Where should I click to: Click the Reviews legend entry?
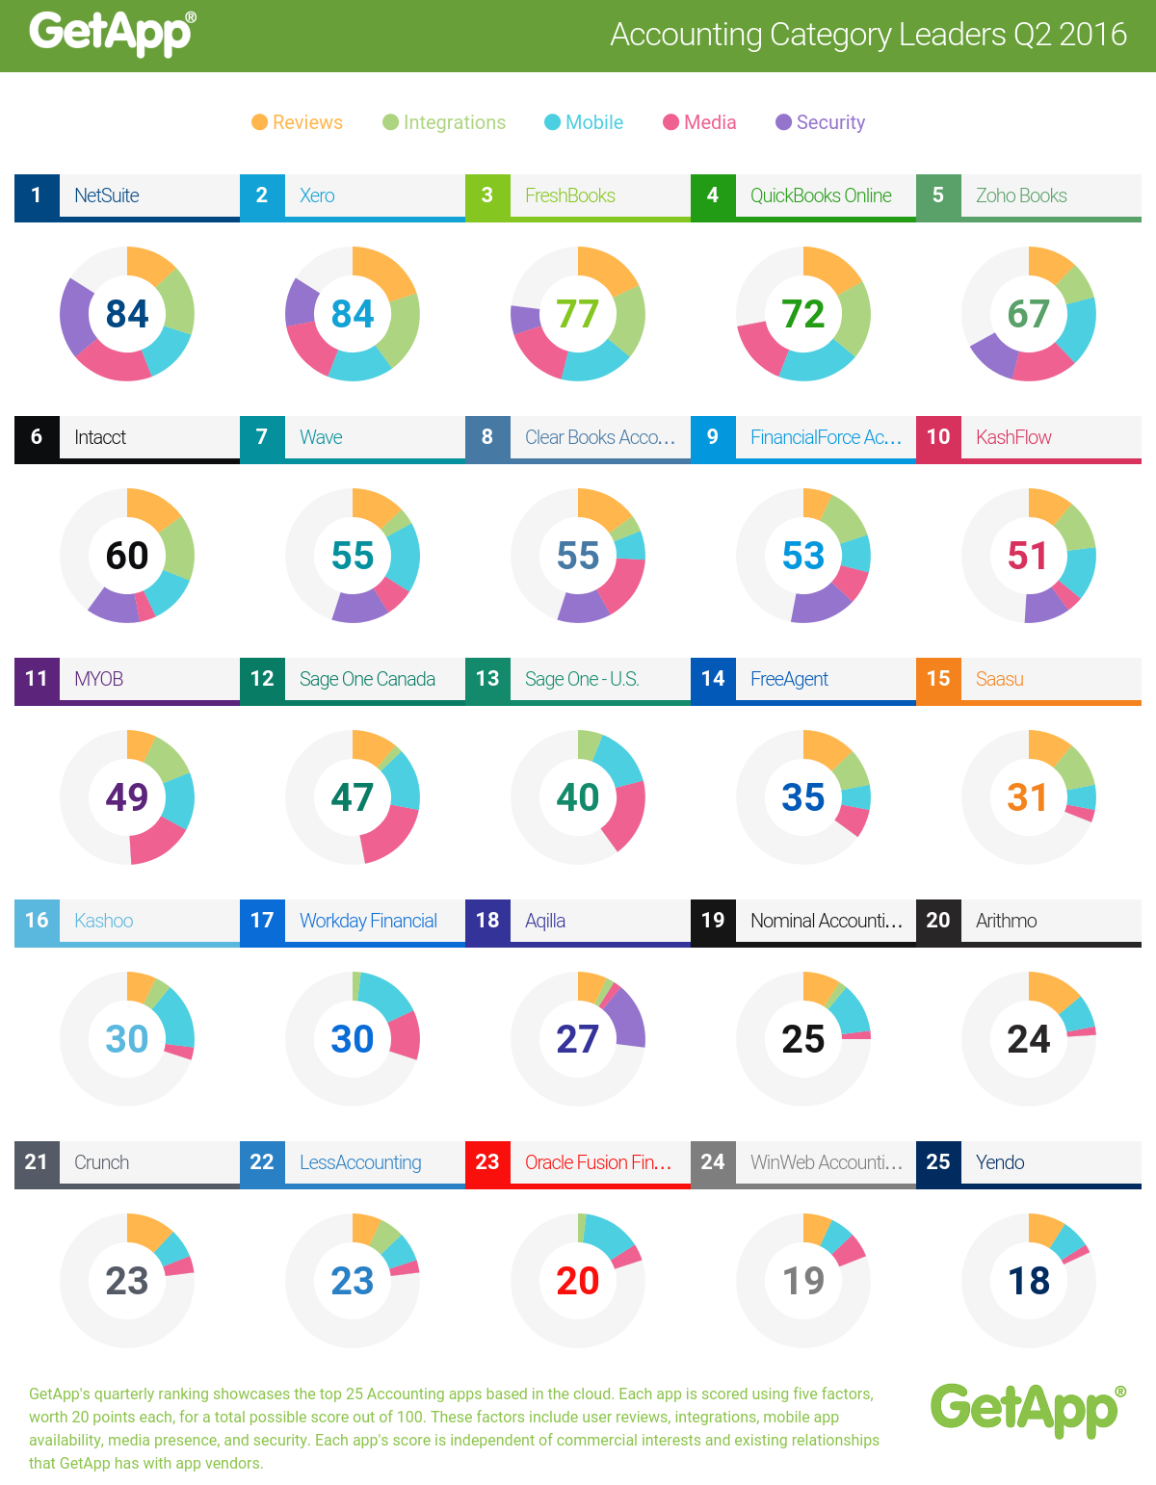[298, 122]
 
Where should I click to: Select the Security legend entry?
[821, 122]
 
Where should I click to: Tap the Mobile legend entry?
[584, 122]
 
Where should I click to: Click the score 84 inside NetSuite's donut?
[127, 314]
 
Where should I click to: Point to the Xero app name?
[317, 195]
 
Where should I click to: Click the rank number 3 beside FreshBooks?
[487, 195]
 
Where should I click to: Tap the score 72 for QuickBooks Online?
[803, 314]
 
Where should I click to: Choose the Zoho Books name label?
[1021, 195]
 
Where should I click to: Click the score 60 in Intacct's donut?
[127, 556]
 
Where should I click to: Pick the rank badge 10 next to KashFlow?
[938, 437]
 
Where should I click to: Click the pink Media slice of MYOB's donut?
[156, 843]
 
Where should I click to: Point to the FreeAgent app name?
[789, 679]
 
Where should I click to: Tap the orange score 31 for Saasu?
[1028, 797]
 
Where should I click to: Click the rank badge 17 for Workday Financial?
[262, 921]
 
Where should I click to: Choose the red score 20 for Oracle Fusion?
[578, 1281]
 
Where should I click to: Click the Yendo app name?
[1000, 1162]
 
